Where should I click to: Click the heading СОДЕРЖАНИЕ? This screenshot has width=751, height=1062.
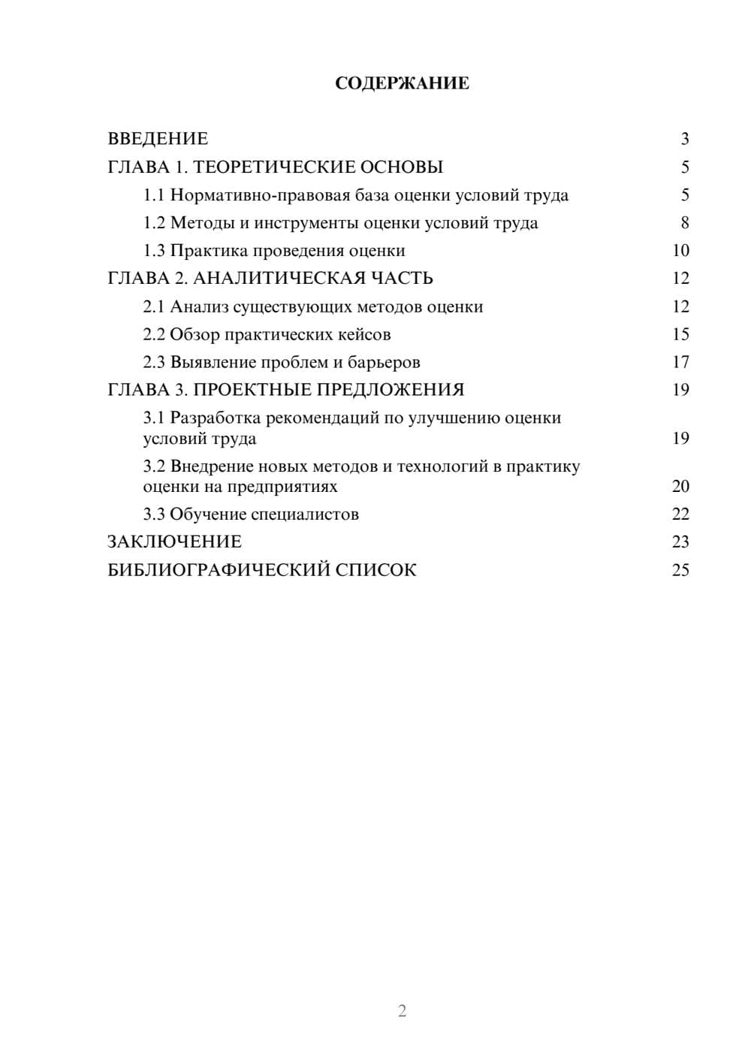tap(402, 83)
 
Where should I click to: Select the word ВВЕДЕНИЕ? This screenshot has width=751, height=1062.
tap(158, 139)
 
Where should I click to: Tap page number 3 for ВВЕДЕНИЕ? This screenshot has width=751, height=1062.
tap(684, 139)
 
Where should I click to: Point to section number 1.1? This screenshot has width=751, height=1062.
tap(154, 195)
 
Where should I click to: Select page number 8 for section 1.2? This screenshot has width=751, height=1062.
tap(684, 223)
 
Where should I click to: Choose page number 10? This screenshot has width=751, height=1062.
tap(680, 251)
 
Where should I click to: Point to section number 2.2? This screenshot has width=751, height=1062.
tap(154, 334)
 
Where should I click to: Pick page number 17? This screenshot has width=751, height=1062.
tap(680, 363)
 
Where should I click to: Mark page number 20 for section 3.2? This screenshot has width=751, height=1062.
tap(680, 487)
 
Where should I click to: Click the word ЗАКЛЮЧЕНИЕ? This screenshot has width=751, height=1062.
tap(175, 542)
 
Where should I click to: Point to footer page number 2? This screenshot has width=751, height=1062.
tap(402, 1011)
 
